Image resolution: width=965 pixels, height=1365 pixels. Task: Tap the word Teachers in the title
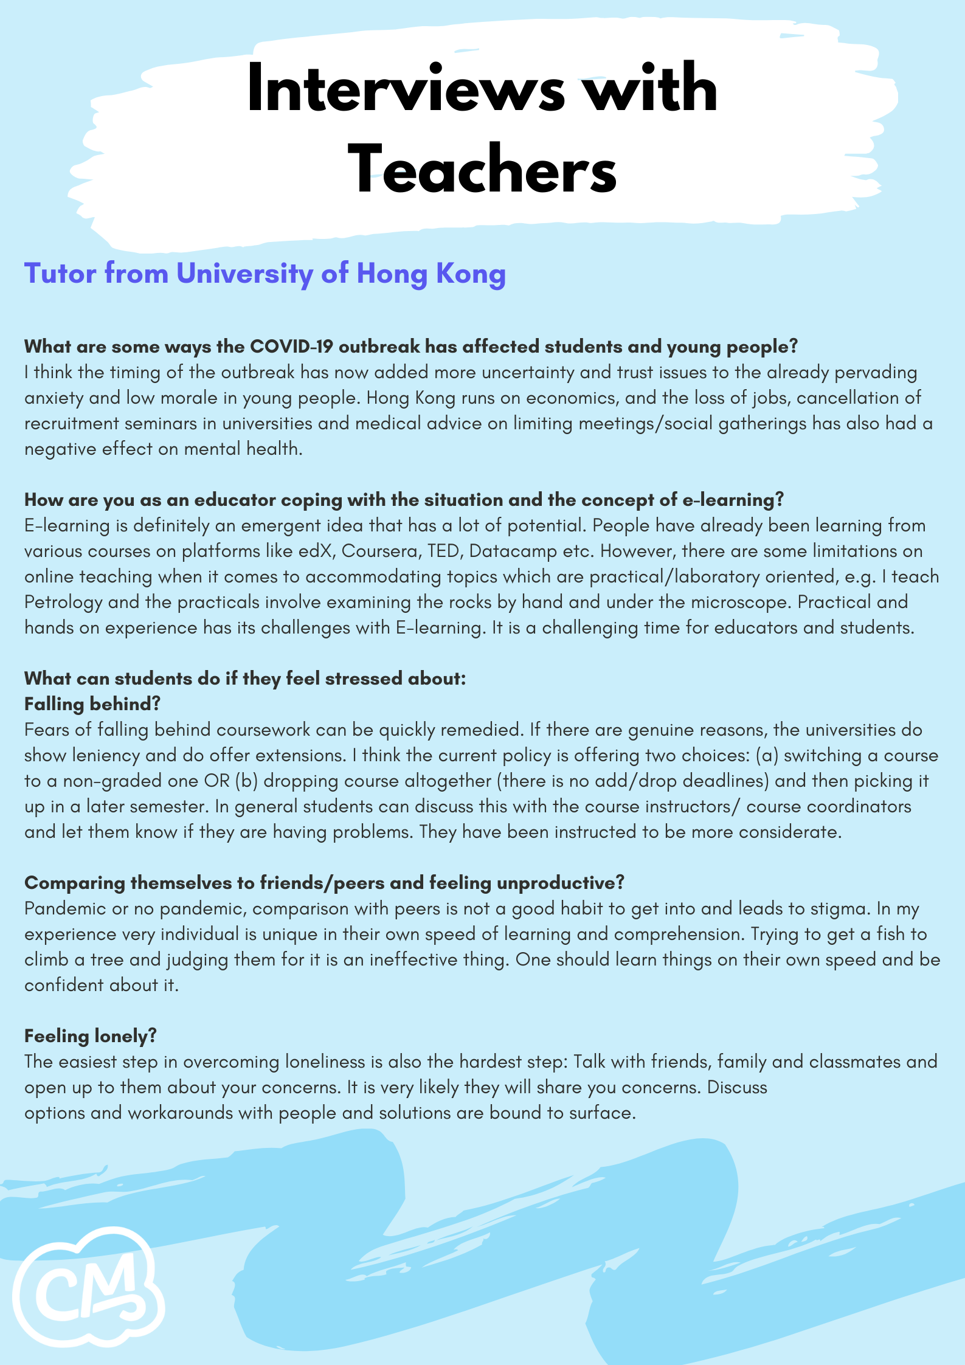483,170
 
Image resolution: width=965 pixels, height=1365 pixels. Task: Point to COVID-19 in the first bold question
292,347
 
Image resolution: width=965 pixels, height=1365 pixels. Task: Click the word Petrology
63,603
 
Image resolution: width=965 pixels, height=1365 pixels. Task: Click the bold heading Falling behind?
92,704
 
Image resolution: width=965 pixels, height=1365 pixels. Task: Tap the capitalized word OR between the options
216,781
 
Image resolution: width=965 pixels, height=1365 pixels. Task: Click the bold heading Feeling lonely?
91,1036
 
